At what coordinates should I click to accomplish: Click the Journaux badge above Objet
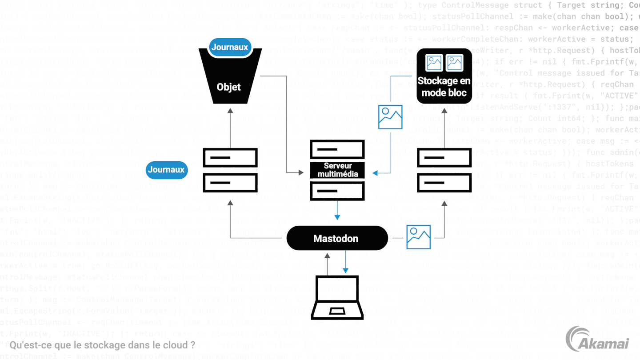[230, 47]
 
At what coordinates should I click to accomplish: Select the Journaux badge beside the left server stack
[166, 169]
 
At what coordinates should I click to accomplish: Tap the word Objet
[229, 87]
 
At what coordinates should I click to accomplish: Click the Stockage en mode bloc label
[444, 87]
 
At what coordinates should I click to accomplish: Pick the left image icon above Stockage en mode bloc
[434, 63]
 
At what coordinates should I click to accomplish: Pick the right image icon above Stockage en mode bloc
[455, 63]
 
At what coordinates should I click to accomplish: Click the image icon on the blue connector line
[390, 116]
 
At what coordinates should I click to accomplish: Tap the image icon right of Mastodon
[418, 236]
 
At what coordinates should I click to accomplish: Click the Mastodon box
[336, 239]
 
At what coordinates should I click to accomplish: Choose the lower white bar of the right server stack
[444, 182]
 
